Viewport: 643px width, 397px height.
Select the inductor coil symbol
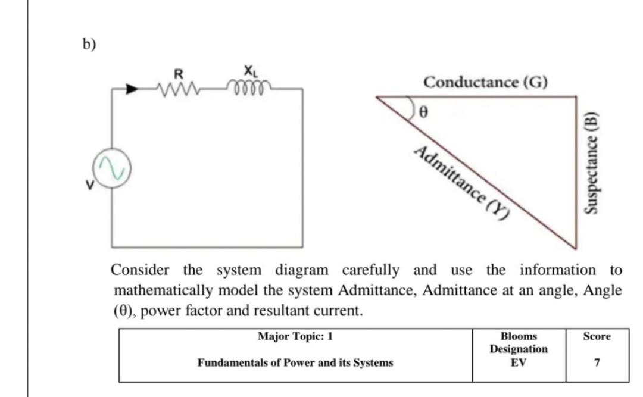246,90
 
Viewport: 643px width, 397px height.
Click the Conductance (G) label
486,82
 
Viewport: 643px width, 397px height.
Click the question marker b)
89,45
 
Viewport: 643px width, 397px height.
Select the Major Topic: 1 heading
295,336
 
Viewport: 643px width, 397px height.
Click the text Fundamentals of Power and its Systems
295,362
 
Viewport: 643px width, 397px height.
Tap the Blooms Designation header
519,342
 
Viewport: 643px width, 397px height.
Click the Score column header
597,336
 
